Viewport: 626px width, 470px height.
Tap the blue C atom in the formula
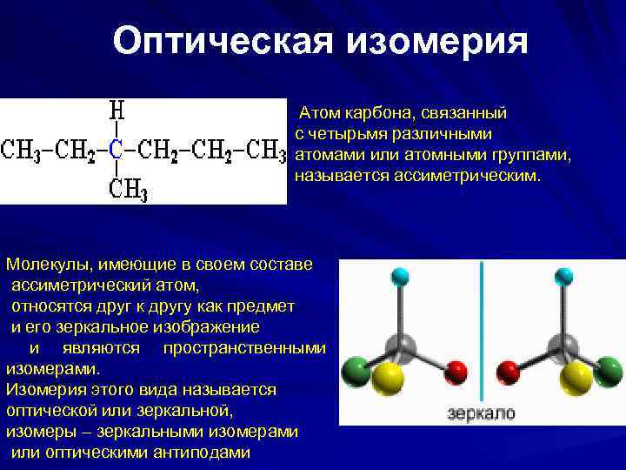(117, 149)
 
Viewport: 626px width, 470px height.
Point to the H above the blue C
(116, 112)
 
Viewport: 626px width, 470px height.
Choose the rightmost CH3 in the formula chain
(266, 150)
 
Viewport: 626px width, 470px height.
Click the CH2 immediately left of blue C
(77, 150)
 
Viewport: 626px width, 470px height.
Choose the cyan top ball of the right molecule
(563, 279)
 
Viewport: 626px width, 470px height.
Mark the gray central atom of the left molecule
(399, 341)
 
